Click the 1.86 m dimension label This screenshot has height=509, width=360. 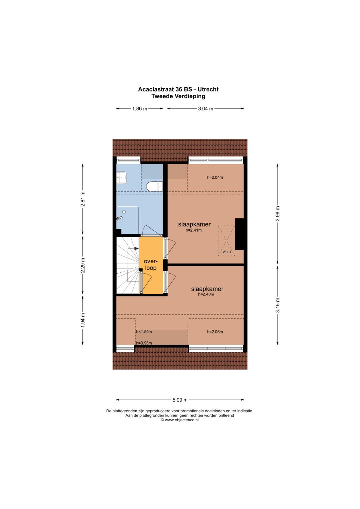[x=139, y=109]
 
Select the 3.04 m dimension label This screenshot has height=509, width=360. [x=205, y=109]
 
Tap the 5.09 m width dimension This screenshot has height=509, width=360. [x=180, y=400]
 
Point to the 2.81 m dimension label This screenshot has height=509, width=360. [x=83, y=199]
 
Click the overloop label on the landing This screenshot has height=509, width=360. [x=150, y=265]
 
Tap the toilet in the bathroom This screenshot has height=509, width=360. [x=154, y=186]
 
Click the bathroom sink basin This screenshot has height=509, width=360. [x=121, y=178]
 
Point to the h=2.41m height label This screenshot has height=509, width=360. [x=194, y=230]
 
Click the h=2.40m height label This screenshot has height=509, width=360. [x=206, y=294]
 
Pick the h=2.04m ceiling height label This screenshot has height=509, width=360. [x=215, y=177]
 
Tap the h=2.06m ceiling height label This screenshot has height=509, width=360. [x=215, y=332]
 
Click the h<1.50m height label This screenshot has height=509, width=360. [x=144, y=332]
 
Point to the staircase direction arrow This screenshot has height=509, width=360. [x=136, y=248]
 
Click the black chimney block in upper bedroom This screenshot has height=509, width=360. [x=240, y=234]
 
